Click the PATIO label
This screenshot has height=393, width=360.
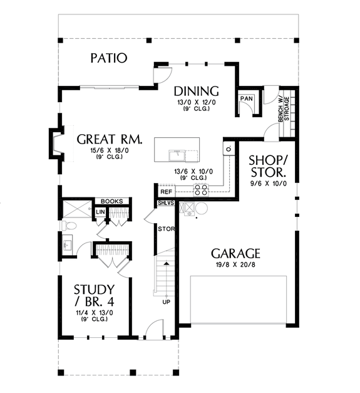point(108,58)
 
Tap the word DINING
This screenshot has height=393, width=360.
point(196,90)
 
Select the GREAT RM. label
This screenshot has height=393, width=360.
point(109,139)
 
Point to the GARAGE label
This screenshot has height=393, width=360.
point(235,253)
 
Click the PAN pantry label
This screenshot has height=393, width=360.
point(245,99)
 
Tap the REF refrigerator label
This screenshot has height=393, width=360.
point(166,192)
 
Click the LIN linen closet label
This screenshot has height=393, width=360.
point(100,212)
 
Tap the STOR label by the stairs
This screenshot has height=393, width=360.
point(166,229)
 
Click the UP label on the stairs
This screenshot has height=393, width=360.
point(165,301)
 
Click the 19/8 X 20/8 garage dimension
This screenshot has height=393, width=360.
point(235,266)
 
